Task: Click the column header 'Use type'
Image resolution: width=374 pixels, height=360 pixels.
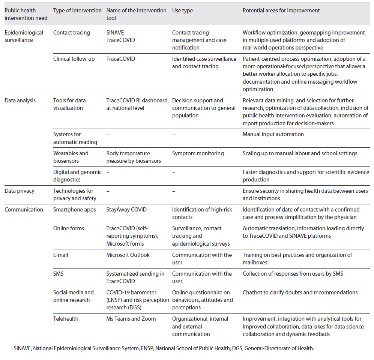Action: (182, 10)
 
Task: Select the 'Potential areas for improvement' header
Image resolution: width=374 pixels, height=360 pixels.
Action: (281, 10)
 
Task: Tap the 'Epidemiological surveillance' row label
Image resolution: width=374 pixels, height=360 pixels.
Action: (24, 36)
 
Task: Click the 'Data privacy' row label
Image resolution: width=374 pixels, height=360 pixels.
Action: (20, 191)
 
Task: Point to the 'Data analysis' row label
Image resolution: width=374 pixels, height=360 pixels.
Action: (20, 100)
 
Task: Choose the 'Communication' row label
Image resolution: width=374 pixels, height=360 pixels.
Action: (24, 210)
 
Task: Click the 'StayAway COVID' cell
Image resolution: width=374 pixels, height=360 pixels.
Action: (125, 210)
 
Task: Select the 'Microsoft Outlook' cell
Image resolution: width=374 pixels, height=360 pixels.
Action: (128, 255)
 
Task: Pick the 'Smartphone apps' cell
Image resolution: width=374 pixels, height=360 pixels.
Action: (75, 210)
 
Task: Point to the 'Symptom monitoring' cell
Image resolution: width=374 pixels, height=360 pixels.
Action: (198, 153)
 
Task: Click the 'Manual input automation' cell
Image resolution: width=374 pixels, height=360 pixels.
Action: (273, 134)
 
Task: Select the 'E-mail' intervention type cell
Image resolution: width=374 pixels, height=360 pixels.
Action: (61, 255)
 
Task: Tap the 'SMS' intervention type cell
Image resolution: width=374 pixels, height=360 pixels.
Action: (59, 274)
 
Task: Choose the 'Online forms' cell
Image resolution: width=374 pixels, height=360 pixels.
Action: (69, 228)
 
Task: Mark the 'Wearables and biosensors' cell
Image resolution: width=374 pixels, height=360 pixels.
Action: (71, 157)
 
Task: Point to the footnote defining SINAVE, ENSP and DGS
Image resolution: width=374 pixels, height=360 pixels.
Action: (164, 348)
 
